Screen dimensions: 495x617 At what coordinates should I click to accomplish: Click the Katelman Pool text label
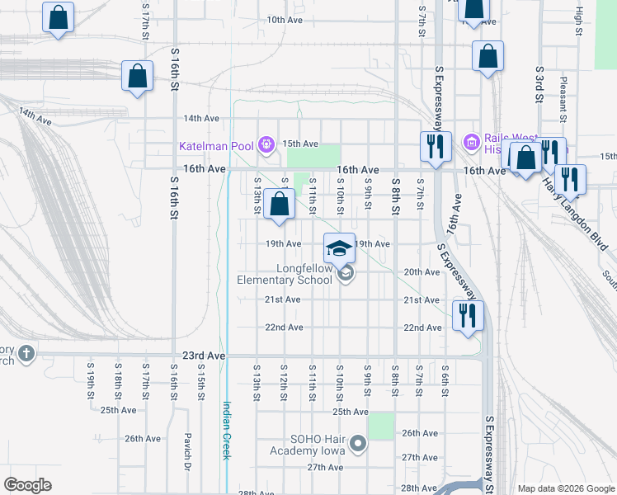tap(216, 146)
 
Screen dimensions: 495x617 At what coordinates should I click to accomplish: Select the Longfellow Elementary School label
tap(285, 274)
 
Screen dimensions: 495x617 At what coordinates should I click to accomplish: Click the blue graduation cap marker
tap(338, 247)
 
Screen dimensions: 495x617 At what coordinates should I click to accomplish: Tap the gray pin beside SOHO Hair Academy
tap(357, 445)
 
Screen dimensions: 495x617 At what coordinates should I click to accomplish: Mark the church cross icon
tap(26, 354)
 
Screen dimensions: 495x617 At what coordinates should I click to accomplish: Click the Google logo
tap(27, 484)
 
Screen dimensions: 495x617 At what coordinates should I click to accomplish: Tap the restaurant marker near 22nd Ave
tap(468, 314)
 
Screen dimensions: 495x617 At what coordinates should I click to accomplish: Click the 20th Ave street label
tap(422, 272)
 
